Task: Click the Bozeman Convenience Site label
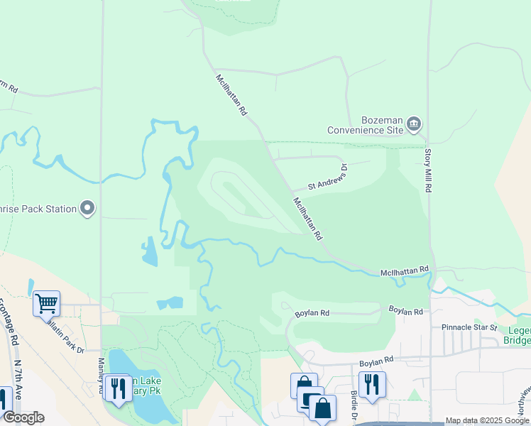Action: pos(365,125)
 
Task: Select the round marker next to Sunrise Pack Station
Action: pos(88,208)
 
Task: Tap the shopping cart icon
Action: pos(46,303)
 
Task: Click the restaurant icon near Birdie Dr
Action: pos(372,384)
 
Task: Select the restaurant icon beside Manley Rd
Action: pos(117,388)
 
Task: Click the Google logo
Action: pos(23,417)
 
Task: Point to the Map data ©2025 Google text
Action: pos(487,420)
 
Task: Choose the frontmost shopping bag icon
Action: pos(322,409)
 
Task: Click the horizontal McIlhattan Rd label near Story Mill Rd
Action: pos(405,271)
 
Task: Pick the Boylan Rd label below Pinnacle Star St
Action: pos(376,363)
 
